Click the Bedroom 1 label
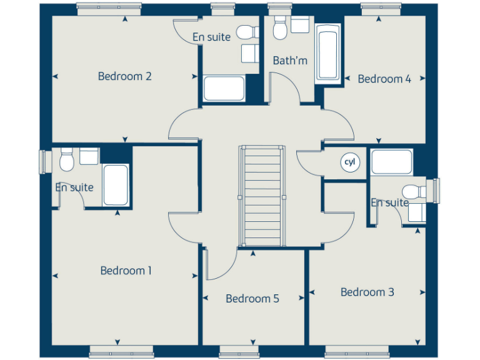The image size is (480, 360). (x=126, y=271)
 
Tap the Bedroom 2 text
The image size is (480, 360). (x=125, y=76)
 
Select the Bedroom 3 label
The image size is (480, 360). (x=367, y=292)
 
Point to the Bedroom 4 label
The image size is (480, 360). (x=384, y=79)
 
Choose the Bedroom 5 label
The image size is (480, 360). (x=252, y=299)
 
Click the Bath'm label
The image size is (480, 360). (x=290, y=61)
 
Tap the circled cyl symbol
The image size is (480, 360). (x=350, y=162)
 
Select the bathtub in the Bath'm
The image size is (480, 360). (x=327, y=53)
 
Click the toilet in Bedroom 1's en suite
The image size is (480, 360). (x=67, y=160)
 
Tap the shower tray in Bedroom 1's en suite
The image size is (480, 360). (x=116, y=184)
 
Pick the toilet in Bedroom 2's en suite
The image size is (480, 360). (x=244, y=32)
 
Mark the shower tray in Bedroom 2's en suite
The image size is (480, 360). (x=224, y=88)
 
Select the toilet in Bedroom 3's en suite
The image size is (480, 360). (x=412, y=191)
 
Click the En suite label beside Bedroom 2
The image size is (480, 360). (x=211, y=37)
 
